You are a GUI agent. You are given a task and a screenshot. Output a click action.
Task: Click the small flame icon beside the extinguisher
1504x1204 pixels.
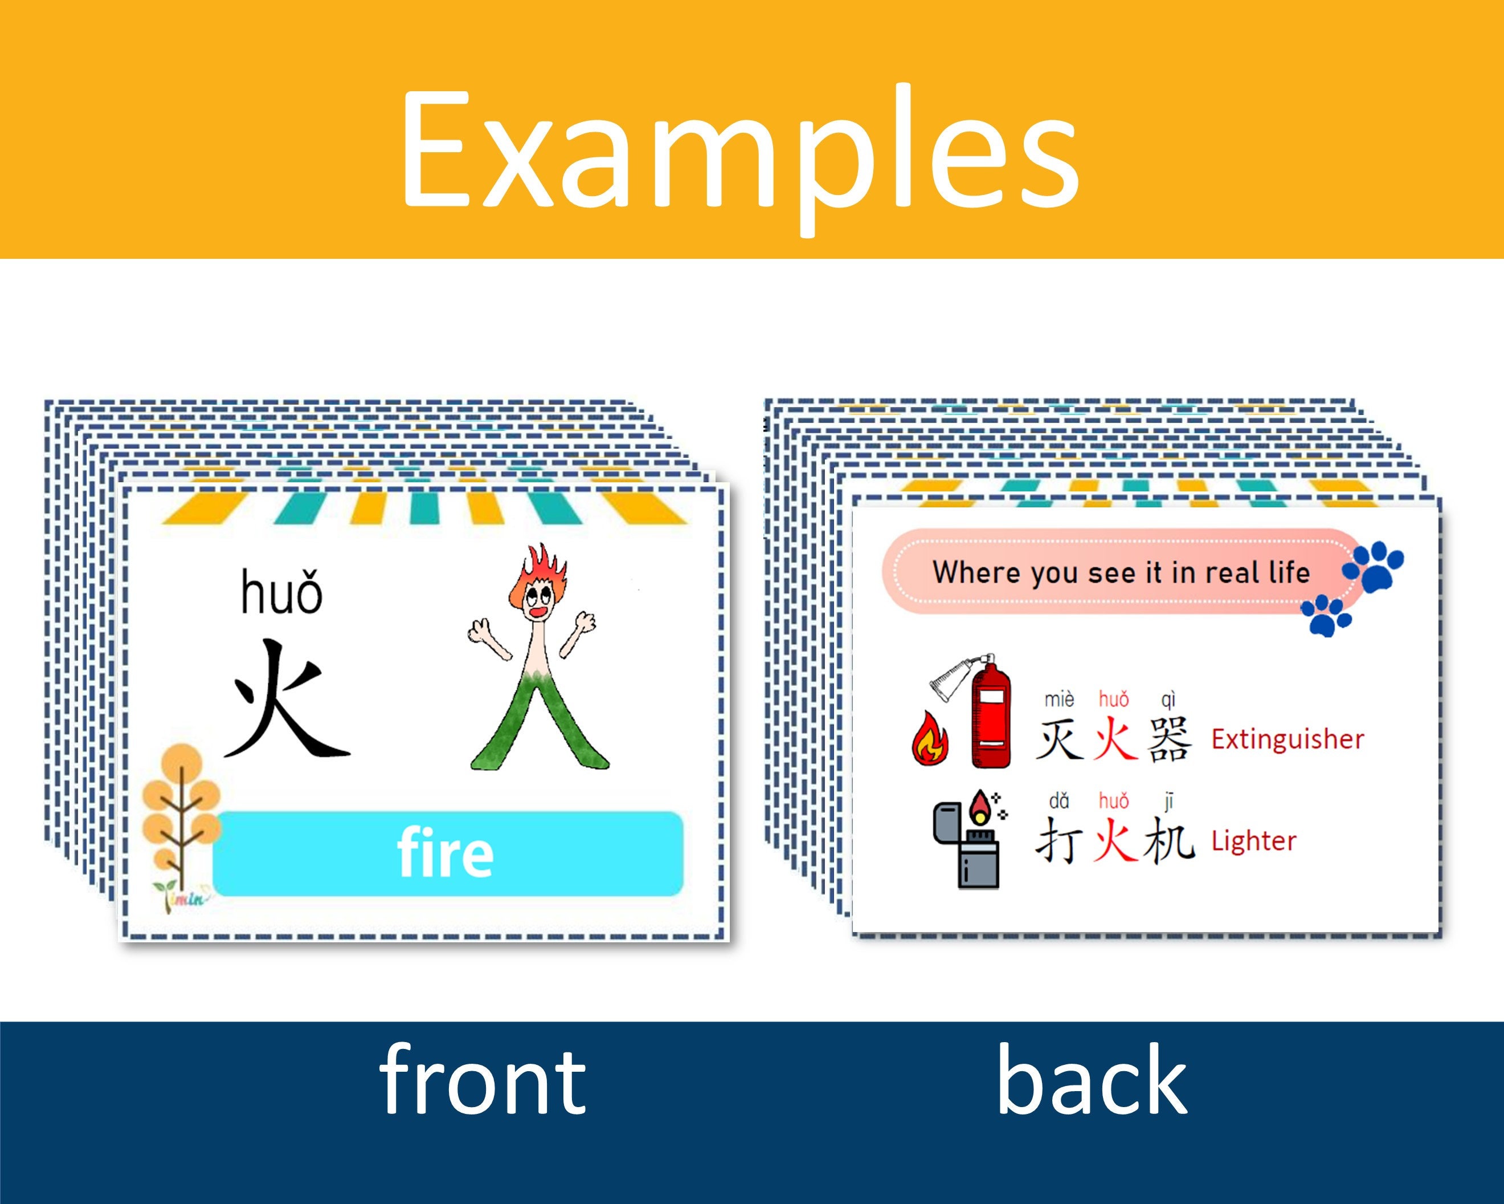[930, 738]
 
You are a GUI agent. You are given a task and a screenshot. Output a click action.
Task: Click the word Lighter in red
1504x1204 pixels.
[1253, 841]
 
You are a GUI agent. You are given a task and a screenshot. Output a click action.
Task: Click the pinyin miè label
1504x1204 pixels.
[1059, 699]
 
